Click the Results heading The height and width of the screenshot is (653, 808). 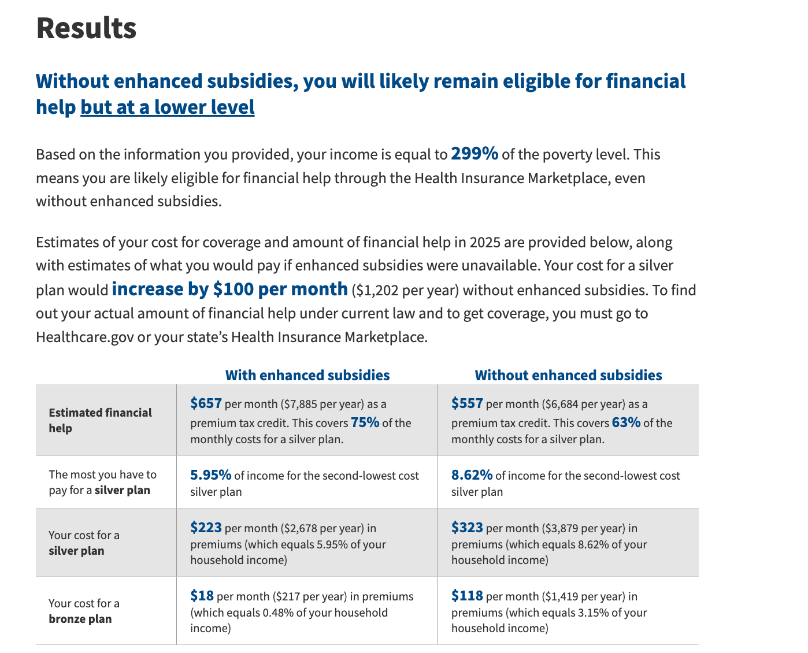click(86, 28)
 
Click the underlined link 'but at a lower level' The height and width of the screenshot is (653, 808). click(168, 107)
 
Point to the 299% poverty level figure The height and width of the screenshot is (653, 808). click(474, 154)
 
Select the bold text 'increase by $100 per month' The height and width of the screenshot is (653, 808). click(229, 289)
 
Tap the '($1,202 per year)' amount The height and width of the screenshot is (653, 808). click(405, 290)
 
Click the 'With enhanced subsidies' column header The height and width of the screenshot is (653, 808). click(307, 375)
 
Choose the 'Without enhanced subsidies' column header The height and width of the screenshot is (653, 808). click(568, 375)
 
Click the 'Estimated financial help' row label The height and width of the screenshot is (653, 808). click(100, 420)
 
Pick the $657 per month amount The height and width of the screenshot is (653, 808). click(206, 403)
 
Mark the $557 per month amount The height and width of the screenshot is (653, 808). click(467, 403)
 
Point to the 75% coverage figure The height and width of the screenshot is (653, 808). click(365, 422)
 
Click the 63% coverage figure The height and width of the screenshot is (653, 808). click(626, 422)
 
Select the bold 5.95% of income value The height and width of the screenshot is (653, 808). click(210, 475)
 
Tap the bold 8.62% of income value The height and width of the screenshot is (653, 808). click(472, 475)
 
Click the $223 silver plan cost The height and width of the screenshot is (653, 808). click(206, 528)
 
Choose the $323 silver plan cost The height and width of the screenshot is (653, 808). click(467, 528)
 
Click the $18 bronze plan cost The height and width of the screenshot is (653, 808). click(202, 596)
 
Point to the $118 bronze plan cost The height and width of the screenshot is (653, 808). click(467, 596)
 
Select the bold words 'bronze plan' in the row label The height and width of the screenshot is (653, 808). click(80, 619)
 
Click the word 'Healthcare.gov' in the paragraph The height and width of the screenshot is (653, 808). click(84, 337)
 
